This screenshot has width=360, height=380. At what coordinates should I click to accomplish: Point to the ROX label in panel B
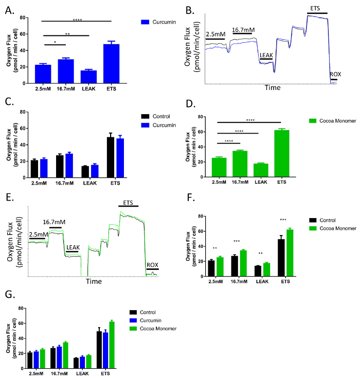point(335,74)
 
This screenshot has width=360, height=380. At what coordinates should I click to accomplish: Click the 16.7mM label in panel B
point(243,30)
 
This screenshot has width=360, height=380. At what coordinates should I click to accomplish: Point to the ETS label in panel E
point(129,203)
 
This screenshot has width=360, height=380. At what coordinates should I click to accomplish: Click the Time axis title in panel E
point(94,281)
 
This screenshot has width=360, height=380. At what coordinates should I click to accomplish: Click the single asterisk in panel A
point(55,41)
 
